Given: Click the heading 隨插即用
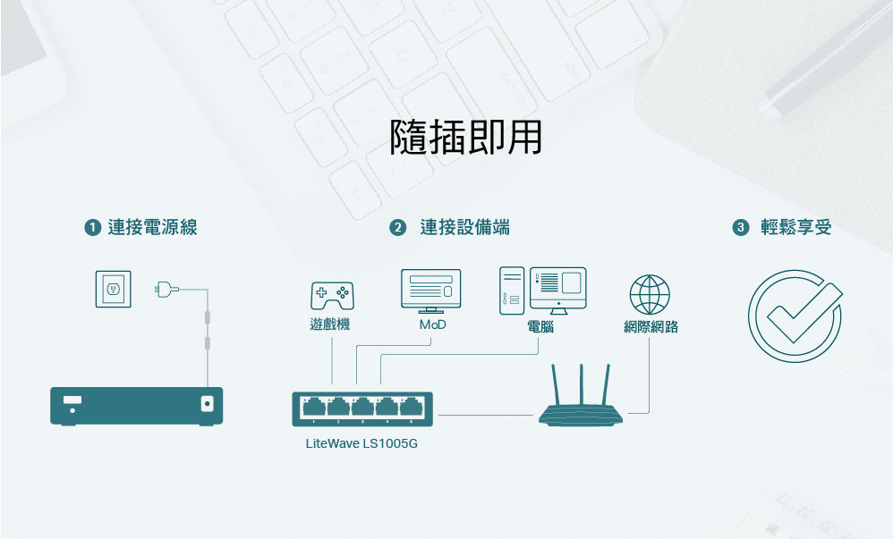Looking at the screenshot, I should coord(466,138).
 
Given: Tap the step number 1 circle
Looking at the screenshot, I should coord(92,228).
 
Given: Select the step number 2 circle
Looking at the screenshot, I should coord(398,228).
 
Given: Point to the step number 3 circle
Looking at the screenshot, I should coord(740,228).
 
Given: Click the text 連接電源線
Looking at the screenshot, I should coord(152,228).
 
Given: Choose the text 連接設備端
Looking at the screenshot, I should coord(465,228).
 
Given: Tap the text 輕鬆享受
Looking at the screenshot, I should coord(796,228).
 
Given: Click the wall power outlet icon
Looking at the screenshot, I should coord(113,289).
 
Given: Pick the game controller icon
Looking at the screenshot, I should coord(331,294).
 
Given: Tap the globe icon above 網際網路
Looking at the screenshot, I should coord(650,294).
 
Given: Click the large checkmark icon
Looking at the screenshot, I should coord(795,316).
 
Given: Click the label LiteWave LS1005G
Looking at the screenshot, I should coord(361,443).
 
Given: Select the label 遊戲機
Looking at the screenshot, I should coord(330,324).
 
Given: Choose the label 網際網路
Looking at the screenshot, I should coord(651,327).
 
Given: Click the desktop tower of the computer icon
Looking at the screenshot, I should coord(511,291).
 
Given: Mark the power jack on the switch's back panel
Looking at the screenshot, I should coord(208,404).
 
